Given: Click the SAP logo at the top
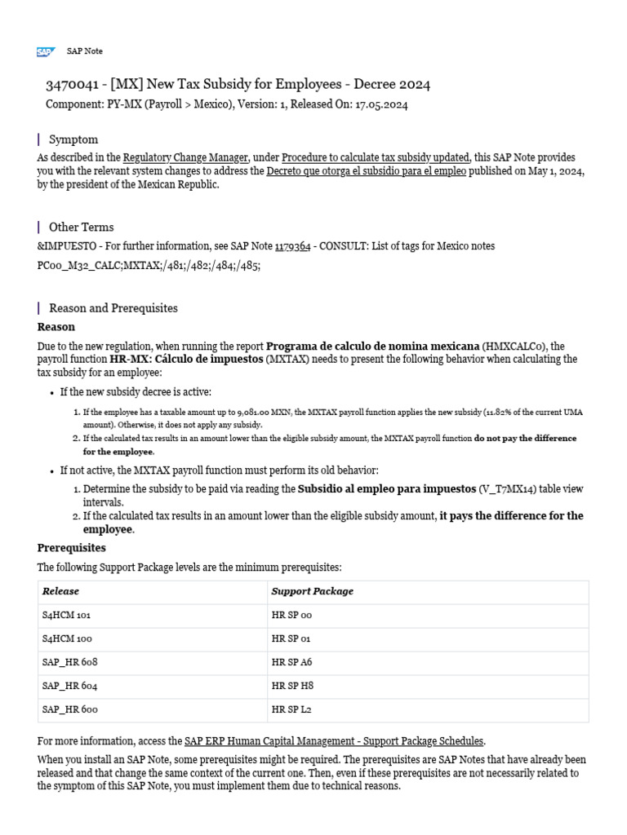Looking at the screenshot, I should [44, 51].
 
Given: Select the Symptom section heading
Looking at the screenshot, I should [73, 139].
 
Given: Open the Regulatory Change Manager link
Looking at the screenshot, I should [186, 157].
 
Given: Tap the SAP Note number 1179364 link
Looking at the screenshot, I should [292, 246].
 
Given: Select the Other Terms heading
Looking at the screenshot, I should [81, 227].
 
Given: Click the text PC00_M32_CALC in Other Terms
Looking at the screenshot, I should [80, 266].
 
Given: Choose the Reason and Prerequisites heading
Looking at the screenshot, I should [113, 308].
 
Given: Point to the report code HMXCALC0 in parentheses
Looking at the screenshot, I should [512, 345].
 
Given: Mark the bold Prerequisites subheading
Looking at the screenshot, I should [72, 548].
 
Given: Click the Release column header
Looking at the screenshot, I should [60, 591].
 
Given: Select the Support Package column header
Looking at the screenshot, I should [312, 591].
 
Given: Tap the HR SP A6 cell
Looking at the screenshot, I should [291, 662].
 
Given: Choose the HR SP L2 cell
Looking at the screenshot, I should [291, 709].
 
